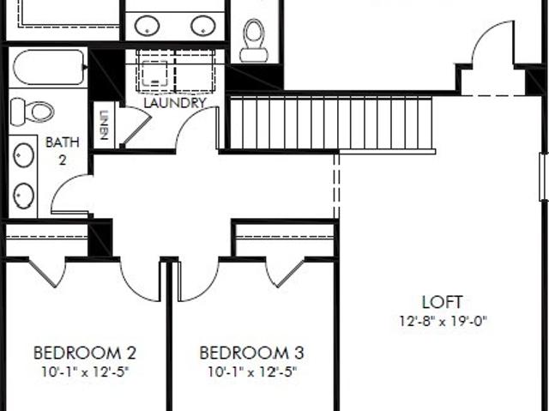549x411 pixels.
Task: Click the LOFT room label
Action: click(x=443, y=302)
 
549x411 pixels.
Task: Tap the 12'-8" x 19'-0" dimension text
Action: click(x=443, y=321)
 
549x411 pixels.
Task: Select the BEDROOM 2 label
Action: click(x=85, y=353)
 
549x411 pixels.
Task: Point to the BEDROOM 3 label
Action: click(x=251, y=353)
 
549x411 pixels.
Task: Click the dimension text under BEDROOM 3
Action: click(x=252, y=372)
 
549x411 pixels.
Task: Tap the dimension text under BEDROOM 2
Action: click(x=86, y=372)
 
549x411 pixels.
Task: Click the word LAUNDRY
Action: click(x=175, y=103)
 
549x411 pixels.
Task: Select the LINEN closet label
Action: click(x=104, y=125)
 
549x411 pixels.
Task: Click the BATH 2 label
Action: click(x=63, y=151)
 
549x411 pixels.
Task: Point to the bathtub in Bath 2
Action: click(x=49, y=67)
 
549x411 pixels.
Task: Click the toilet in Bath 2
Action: click(x=33, y=112)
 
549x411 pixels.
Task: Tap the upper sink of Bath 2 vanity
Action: click(x=24, y=155)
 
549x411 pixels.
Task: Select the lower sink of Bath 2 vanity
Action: click(x=24, y=196)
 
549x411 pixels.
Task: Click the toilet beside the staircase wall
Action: click(x=254, y=40)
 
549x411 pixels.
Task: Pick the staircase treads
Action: click(x=331, y=124)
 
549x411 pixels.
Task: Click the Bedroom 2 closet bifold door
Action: click(x=48, y=273)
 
